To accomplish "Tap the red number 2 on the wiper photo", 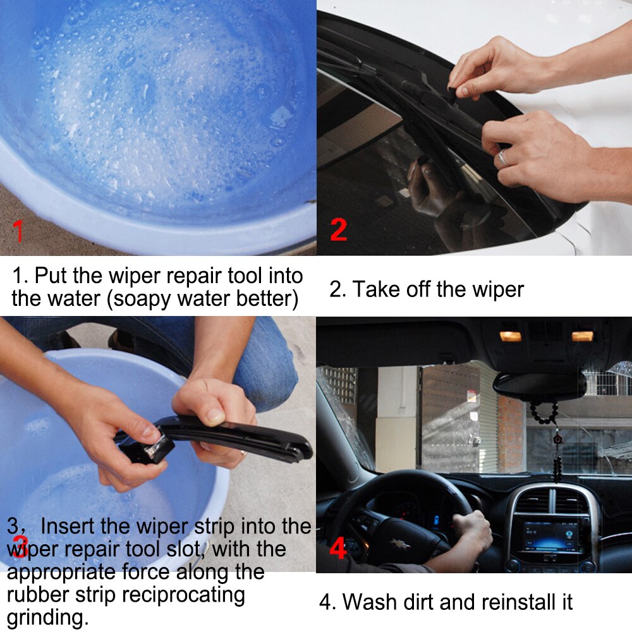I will pos(338,229).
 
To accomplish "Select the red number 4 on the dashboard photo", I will pos(338,549).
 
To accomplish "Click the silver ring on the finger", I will pos(502,158).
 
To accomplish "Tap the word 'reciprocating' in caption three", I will pos(183,595).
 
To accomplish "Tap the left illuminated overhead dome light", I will pos(510,336).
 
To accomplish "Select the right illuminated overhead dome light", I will pos(582,336).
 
